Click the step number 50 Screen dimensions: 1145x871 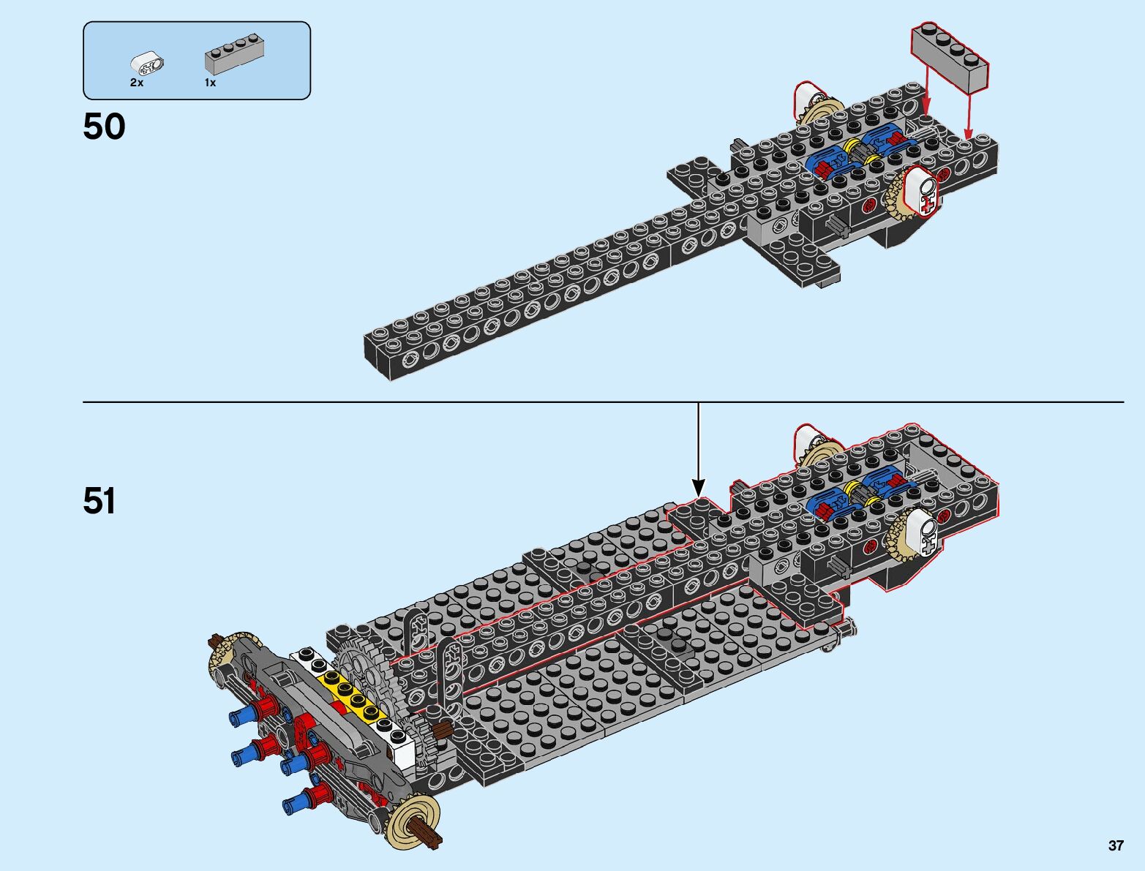[104, 127]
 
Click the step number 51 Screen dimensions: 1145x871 [100, 502]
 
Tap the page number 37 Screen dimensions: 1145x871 [1115, 845]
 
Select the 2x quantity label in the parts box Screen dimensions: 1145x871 [137, 83]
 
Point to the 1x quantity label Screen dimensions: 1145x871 [210, 83]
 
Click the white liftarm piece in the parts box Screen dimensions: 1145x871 [147, 65]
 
